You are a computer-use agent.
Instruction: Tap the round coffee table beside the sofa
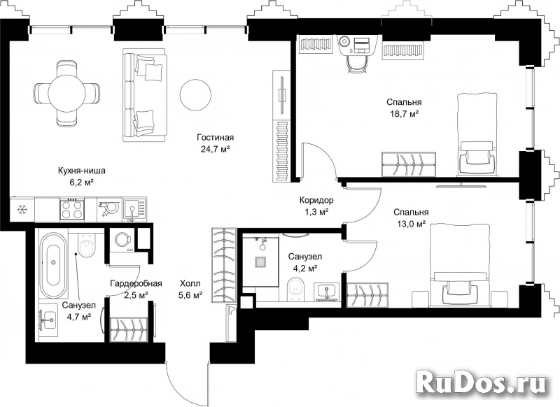(x=195, y=94)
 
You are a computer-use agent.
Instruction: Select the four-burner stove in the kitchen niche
(x=73, y=209)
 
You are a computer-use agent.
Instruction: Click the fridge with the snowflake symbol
(x=22, y=210)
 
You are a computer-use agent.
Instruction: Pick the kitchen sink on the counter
(x=134, y=209)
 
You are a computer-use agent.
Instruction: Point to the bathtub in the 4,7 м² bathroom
(x=54, y=265)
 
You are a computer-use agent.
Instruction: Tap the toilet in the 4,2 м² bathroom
(x=295, y=289)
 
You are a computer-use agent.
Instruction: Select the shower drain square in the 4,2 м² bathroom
(x=260, y=262)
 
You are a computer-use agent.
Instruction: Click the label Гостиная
(x=215, y=137)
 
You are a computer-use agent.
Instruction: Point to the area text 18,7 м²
(x=404, y=114)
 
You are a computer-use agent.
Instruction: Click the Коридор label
(x=316, y=200)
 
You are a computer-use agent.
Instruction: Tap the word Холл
(x=190, y=284)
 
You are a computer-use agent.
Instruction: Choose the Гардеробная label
(x=136, y=284)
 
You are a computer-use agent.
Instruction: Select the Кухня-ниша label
(x=82, y=171)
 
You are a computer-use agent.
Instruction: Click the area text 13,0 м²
(x=411, y=224)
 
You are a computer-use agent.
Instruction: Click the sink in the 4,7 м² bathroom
(x=48, y=320)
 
